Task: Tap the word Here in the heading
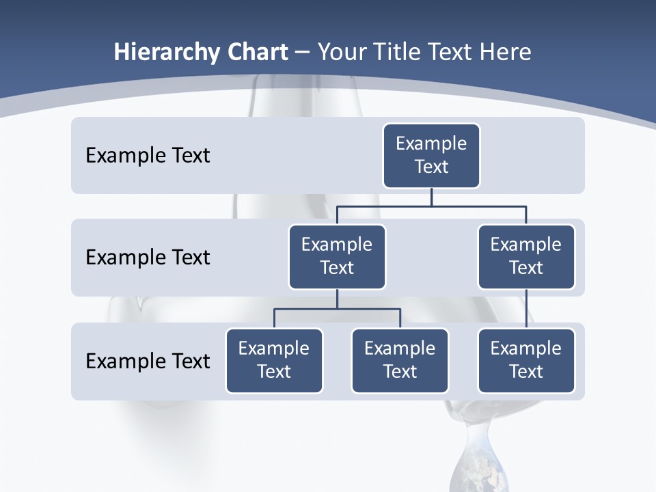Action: [504, 53]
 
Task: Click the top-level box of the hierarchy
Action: [431, 156]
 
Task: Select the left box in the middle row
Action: [337, 257]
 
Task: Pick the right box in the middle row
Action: [526, 257]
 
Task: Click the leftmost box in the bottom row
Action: [274, 361]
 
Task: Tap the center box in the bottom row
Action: [400, 361]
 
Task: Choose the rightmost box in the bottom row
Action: [526, 361]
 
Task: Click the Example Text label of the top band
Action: [148, 156]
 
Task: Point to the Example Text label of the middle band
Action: [148, 258]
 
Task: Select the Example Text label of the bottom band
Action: [148, 361]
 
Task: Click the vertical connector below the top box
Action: [431, 197]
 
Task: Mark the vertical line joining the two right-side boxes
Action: [526, 309]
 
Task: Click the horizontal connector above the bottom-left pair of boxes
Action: [337, 309]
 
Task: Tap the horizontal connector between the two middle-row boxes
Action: [431, 205]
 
